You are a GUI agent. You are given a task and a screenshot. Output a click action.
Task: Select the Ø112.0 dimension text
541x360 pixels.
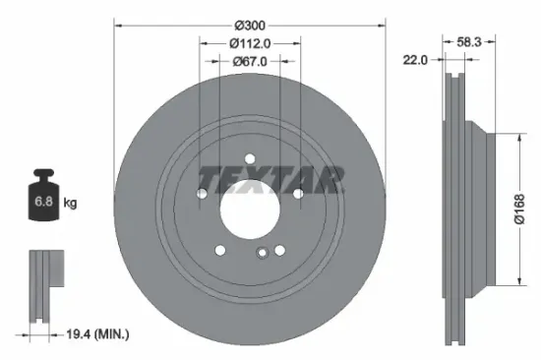click(x=249, y=42)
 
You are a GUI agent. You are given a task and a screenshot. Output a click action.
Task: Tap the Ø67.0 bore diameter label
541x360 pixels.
click(x=249, y=61)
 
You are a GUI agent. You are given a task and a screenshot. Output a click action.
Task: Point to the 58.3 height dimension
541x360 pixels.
click(x=468, y=42)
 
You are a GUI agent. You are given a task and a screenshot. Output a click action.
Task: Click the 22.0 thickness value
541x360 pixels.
click(x=415, y=60)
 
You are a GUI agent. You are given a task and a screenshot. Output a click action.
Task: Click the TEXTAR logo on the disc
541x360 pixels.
click(x=271, y=179)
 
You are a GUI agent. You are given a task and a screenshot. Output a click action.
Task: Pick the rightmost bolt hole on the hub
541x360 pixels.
click(x=297, y=193)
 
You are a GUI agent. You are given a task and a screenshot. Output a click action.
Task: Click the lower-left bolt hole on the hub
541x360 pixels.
click(x=220, y=250)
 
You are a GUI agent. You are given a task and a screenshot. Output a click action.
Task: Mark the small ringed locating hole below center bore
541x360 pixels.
click(x=263, y=255)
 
